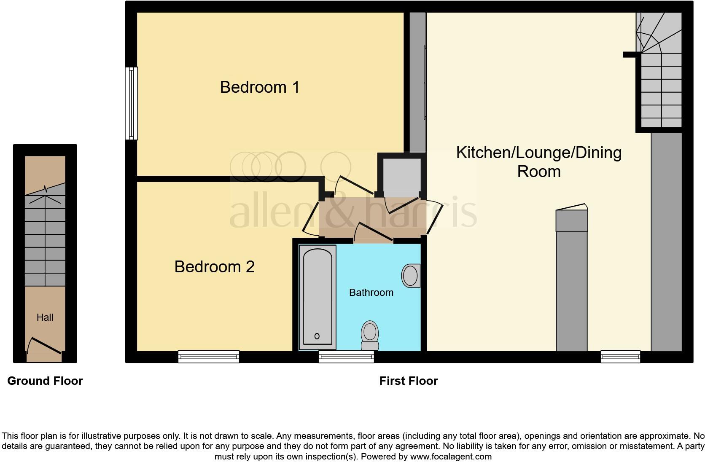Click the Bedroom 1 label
coord(260,87)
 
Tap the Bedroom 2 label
coord(215,267)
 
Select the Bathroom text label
coord(371,293)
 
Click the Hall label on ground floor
coord(45,317)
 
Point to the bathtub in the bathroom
coord(318,297)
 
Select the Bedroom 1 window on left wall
coord(132,103)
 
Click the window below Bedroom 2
coord(209,357)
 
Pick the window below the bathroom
coord(346,357)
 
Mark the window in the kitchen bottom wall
coord(620,357)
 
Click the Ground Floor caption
coord(45,381)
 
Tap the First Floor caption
coord(409,381)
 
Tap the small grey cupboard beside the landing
coord(402,176)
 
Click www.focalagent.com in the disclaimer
coord(451,457)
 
